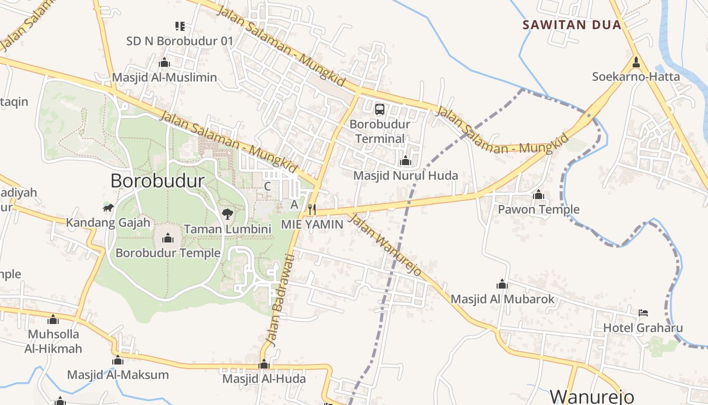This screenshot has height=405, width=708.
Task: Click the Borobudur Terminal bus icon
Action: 380,109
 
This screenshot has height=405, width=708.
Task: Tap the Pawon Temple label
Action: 539,209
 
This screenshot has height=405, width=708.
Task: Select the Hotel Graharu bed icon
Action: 643,312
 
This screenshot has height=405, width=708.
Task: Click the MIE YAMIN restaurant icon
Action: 312,209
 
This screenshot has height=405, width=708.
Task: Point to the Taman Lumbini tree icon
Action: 228,214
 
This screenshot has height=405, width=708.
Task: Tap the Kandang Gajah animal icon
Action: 108,208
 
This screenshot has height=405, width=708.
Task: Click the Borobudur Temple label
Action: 168,253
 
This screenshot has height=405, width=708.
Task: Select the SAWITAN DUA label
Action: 571,25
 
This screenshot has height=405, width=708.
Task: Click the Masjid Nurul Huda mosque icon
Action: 405,161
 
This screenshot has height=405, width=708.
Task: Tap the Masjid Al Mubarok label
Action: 503,299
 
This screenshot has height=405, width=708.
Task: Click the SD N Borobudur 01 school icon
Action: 180,26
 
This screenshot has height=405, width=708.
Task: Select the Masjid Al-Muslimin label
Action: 164,77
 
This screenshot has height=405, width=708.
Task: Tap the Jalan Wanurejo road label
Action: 385,245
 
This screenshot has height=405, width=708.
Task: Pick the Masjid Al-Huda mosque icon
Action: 264,364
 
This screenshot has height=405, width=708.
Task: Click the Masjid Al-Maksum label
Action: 118,375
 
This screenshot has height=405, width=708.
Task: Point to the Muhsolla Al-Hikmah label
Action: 54,341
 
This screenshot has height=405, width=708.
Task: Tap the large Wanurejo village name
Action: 592,396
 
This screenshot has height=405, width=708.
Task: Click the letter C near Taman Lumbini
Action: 268,186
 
